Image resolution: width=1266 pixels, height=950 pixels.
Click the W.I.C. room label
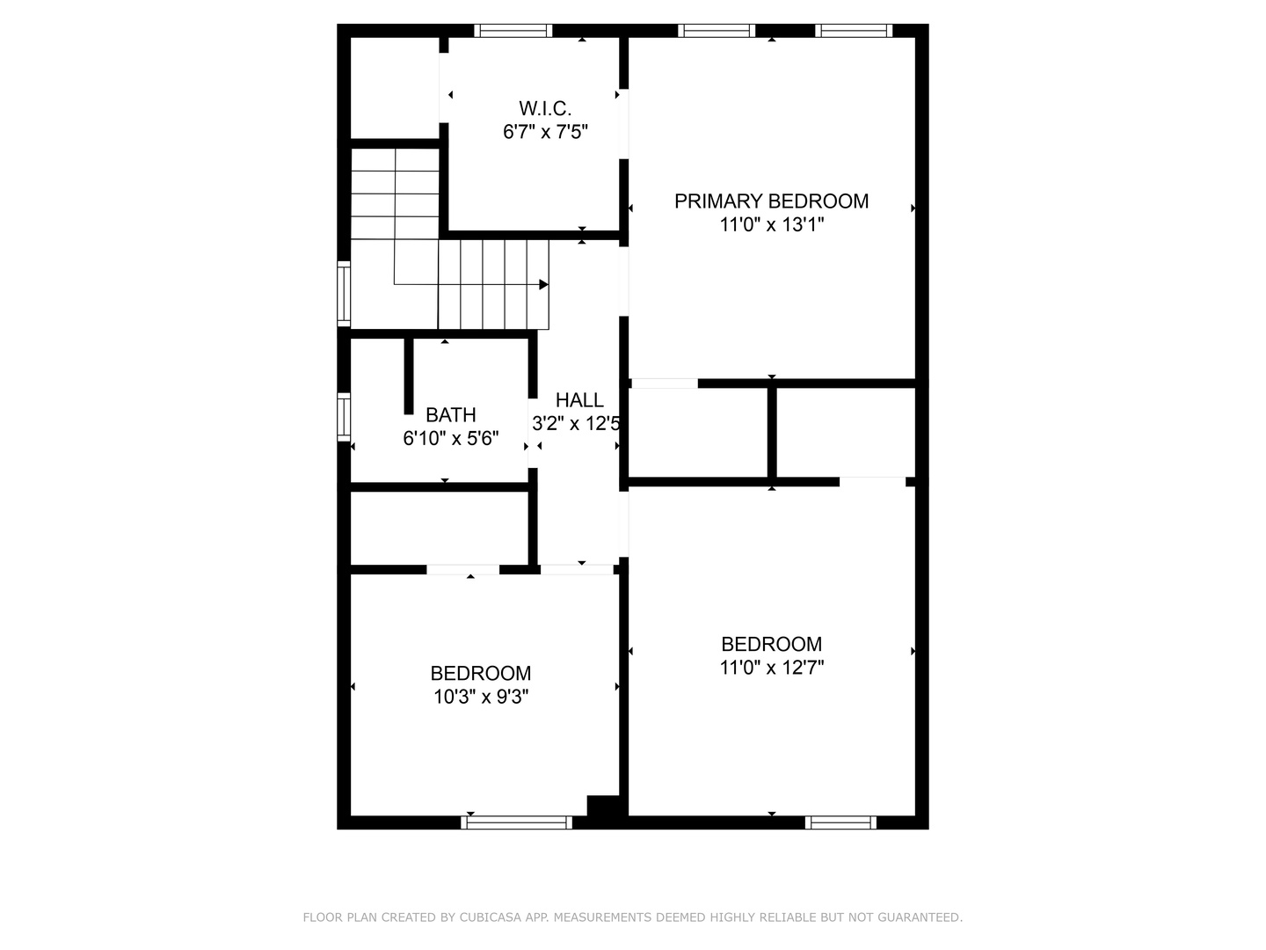[x=544, y=108]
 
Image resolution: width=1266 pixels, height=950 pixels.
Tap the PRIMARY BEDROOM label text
[x=771, y=201]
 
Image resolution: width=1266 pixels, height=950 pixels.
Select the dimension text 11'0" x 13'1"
[x=771, y=225]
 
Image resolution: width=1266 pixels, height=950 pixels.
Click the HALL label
[x=579, y=400]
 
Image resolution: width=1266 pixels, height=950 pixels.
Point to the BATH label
[x=450, y=415]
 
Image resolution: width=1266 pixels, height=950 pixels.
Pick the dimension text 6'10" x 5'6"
[x=450, y=439]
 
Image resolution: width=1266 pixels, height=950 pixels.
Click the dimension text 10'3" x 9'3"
[x=480, y=698]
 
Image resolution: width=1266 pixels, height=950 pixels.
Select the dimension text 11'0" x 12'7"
[x=771, y=668]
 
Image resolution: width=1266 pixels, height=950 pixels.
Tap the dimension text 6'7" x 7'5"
[x=545, y=132]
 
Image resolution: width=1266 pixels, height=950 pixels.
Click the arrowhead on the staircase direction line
[x=543, y=284]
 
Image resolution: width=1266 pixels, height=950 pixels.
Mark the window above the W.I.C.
[x=513, y=31]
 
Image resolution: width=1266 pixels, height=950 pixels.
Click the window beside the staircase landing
[x=344, y=294]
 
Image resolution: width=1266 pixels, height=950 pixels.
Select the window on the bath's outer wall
[x=344, y=417]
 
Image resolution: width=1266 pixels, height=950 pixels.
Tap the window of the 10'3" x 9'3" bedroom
[x=517, y=822]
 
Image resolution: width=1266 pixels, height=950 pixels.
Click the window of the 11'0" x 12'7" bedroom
[x=840, y=822]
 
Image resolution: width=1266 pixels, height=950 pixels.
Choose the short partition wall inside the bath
[x=408, y=376]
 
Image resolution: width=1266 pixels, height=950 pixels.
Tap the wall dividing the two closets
[x=772, y=433]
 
